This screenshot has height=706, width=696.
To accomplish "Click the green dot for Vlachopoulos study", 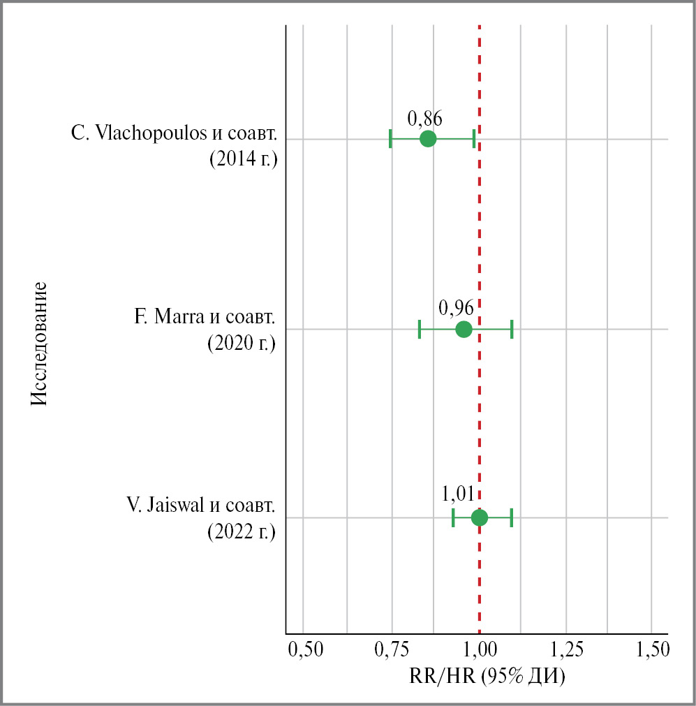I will pos(428,139).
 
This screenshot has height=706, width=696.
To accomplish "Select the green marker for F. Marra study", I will pos(464,329).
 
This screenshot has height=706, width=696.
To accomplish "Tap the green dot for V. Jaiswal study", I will pos(480,517).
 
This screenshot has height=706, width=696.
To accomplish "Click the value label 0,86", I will pos(424,118).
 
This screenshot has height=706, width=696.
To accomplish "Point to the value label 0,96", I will pos(457,307).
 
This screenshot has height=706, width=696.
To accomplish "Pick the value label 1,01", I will pos(459,494).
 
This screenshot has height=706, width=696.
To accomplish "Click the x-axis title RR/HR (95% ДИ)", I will pos(487,676).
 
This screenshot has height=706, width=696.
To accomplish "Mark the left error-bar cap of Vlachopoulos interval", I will pos(390,139).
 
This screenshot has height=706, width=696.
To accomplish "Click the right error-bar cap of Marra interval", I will pos(512,329).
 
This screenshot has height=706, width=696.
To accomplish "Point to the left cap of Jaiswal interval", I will pos(453,517).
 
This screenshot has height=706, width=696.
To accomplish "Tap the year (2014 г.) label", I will pos(244,159).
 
